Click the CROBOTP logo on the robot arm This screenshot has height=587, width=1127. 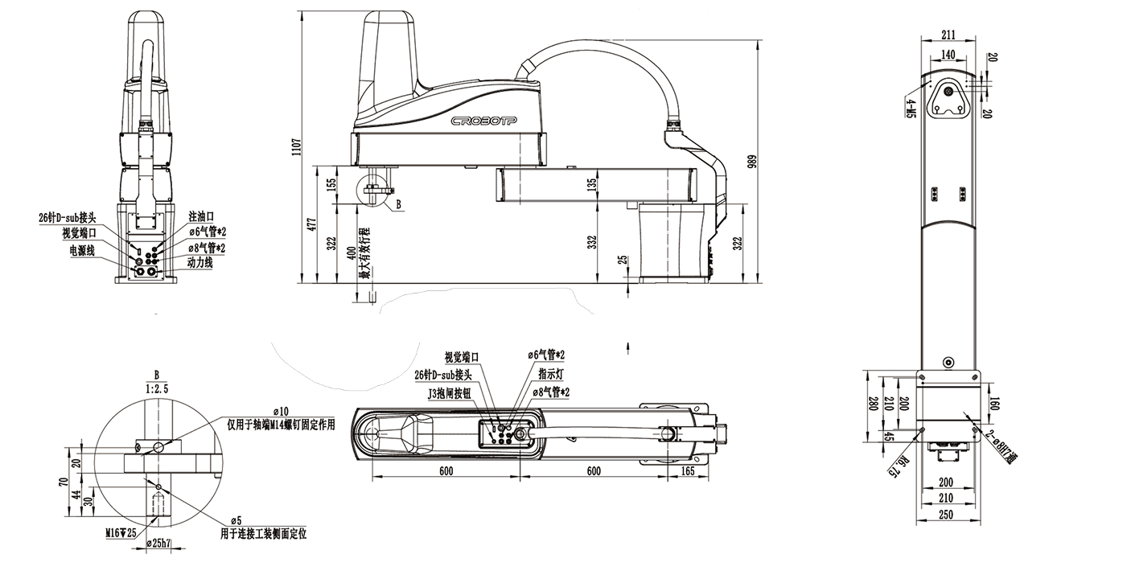tap(483, 121)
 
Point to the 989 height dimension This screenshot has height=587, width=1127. tap(753, 162)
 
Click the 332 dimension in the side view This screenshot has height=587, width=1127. tap(592, 242)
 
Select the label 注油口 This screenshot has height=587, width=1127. tap(201, 217)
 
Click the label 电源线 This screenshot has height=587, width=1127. tap(81, 251)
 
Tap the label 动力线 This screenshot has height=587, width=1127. tap(199, 262)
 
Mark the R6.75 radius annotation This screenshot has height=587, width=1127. tap(893, 466)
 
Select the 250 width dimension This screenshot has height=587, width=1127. tap(945, 515)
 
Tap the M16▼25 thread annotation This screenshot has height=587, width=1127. tap(121, 532)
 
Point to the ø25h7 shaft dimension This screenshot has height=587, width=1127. tap(158, 544)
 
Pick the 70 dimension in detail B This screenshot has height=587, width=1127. tap(63, 483)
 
